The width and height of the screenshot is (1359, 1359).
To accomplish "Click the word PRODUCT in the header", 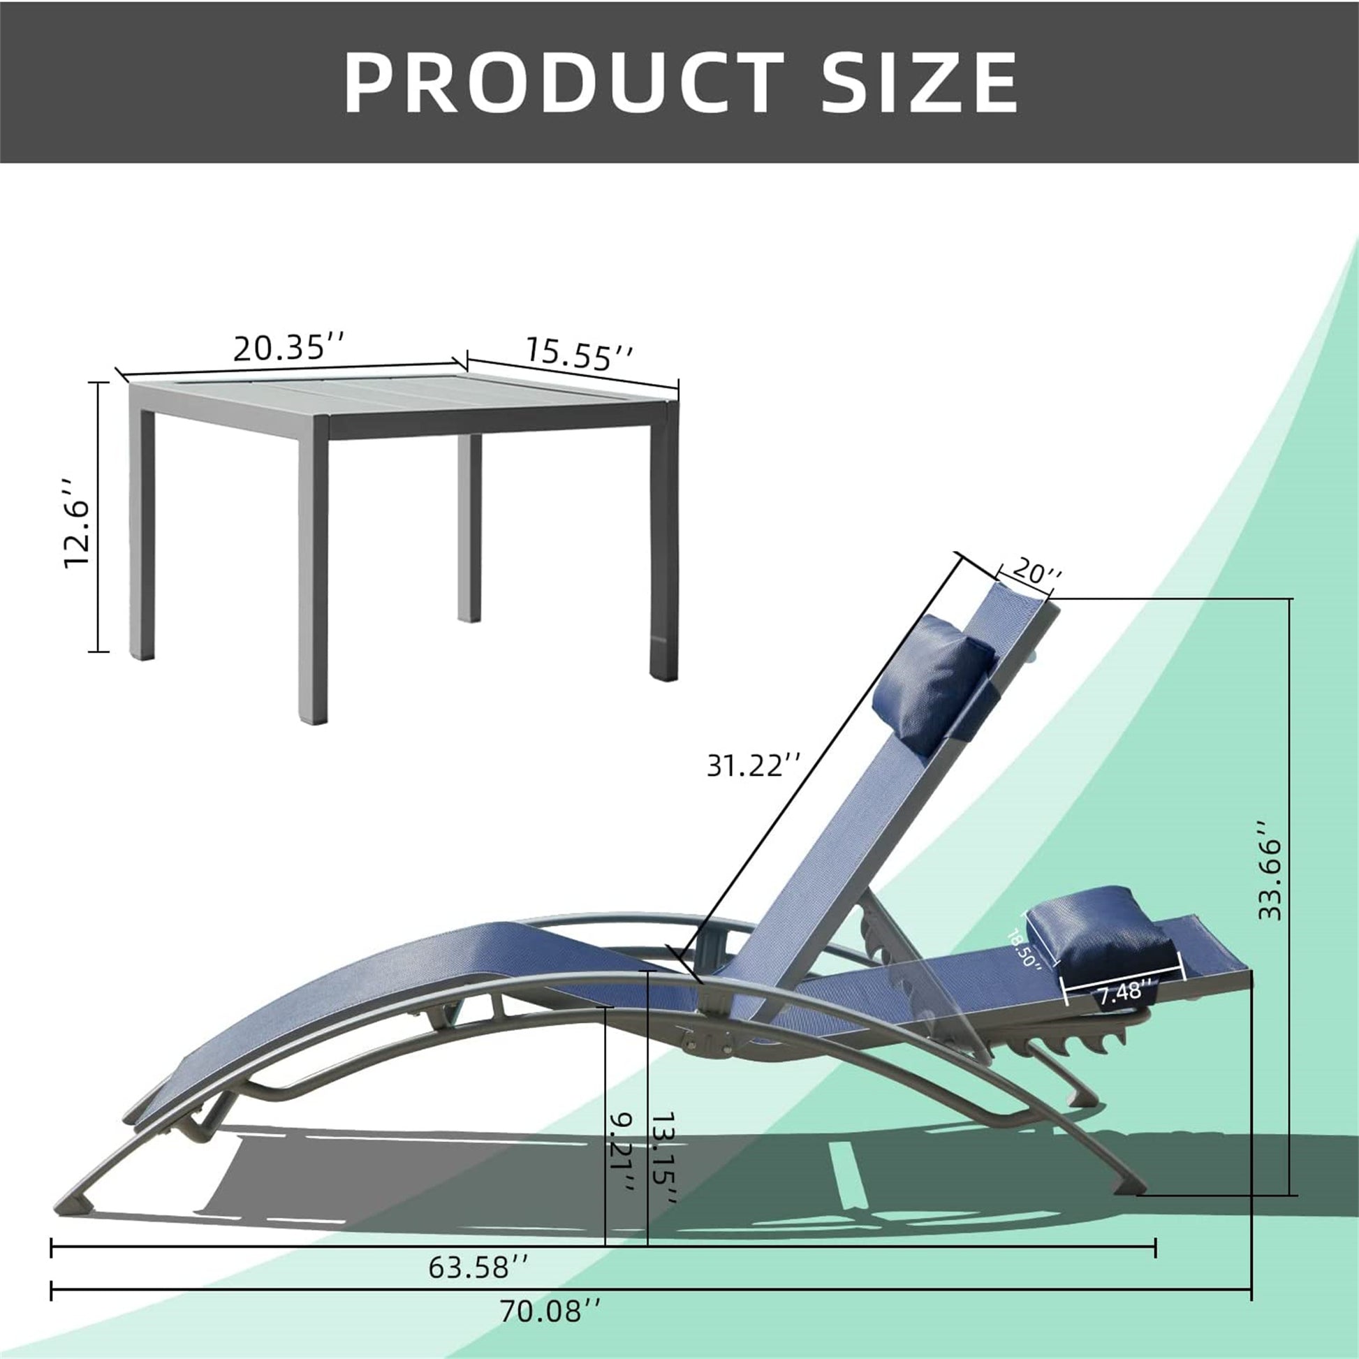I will (x=563, y=83).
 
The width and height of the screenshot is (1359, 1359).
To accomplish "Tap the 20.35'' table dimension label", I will (x=289, y=348).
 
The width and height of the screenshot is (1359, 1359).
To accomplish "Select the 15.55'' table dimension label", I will (x=579, y=354).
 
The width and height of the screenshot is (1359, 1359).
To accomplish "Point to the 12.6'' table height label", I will (x=78, y=523).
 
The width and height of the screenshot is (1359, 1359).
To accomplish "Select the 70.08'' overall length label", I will (x=550, y=1331).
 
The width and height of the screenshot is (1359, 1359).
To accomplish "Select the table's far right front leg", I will (x=663, y=549).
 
